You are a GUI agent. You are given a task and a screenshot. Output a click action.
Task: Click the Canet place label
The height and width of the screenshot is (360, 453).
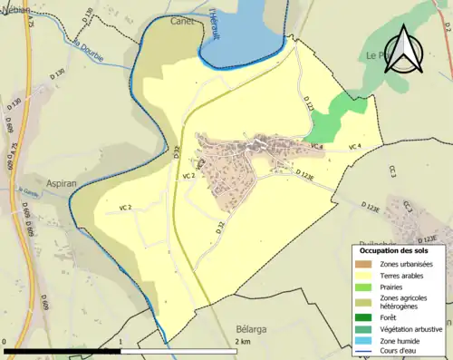pos(183,21)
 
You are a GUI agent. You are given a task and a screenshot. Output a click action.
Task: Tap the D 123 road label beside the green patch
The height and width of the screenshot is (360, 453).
pos(308,106)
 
